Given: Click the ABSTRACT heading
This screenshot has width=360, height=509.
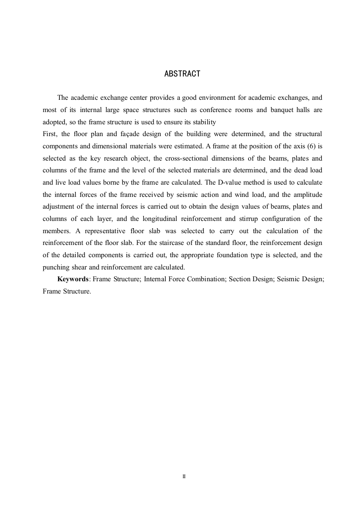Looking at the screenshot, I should [182, 73].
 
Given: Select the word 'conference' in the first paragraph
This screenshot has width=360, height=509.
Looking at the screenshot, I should [216, 110].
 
